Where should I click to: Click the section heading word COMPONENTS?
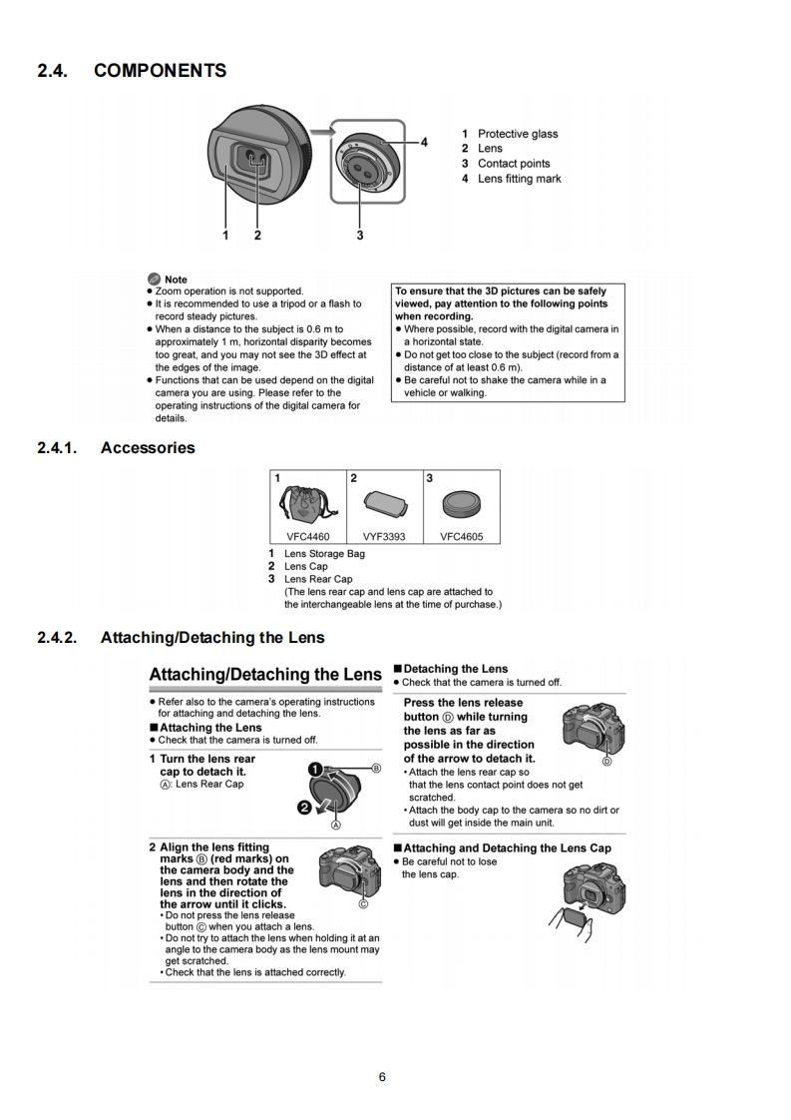[x=160, y=71]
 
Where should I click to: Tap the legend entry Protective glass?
[x=517, y=134]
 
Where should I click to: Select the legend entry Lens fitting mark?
[x=519, y=179]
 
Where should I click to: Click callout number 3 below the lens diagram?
[x=359, y=236]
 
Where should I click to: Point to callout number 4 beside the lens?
[x=424, y=142]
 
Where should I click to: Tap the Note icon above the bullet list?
[x=153, y=280]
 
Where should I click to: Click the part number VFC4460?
[x=308, y=536]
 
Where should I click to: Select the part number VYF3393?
[x=384, y=536]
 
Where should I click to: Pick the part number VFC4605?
[x=461, y=536]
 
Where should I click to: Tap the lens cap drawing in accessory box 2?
[x=384, y=502]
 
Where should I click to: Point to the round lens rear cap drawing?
[x=461, y=502]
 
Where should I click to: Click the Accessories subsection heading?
[x=148, y=448]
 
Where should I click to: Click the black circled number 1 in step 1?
[x=314, y=770]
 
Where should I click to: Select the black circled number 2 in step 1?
[x=298, y=807]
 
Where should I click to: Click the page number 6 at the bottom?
[x=382, y=1076]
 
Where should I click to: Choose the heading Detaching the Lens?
[x=455, y=669]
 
